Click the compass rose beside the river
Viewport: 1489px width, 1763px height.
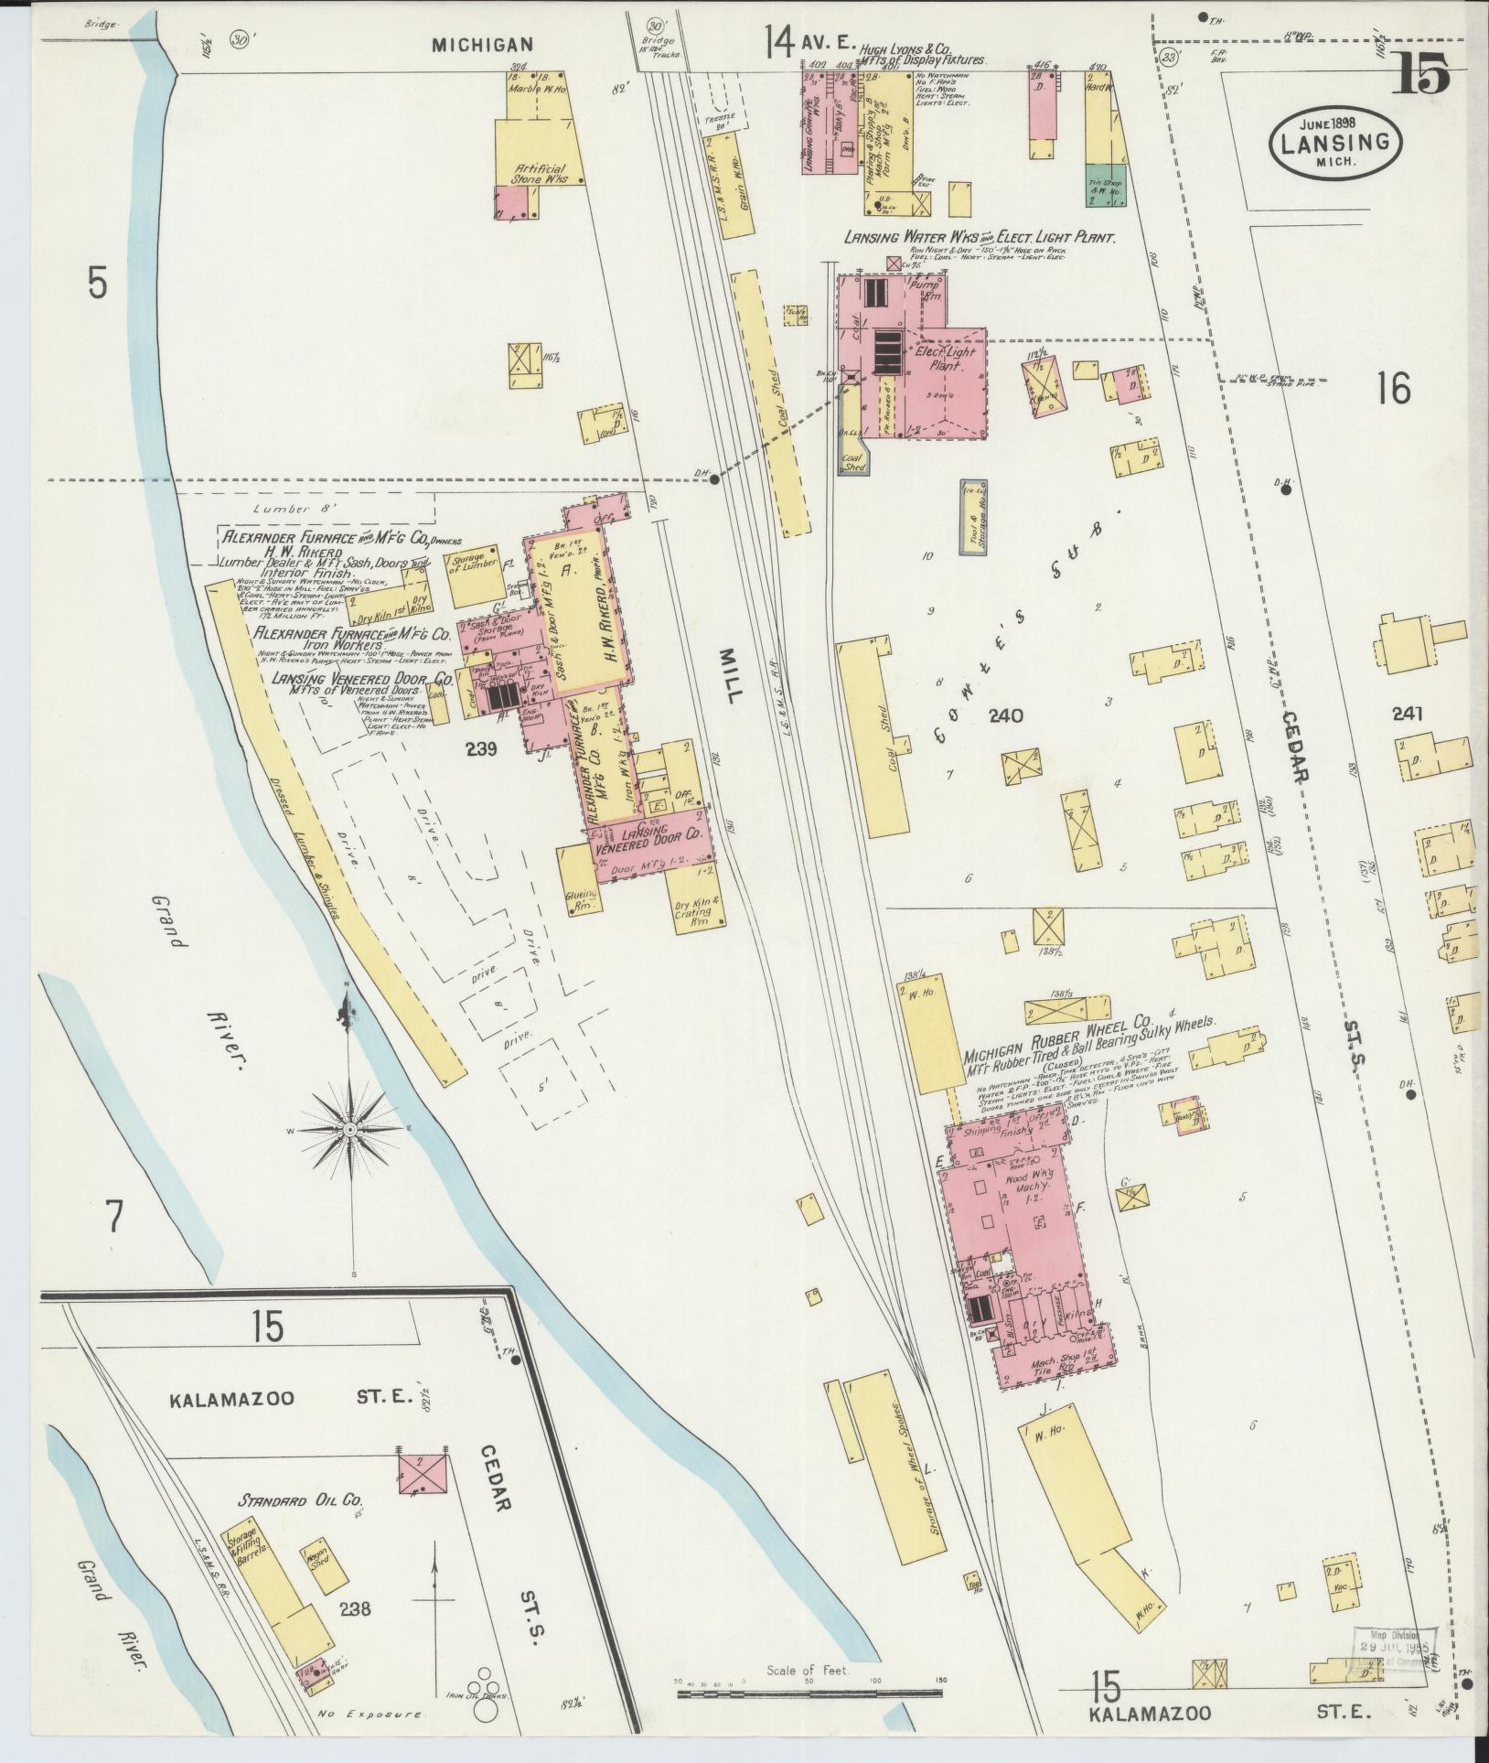click(349, 1131)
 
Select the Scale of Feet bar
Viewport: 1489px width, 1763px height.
click(809, 1694)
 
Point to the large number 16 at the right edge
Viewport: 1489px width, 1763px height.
click(1395, 390)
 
